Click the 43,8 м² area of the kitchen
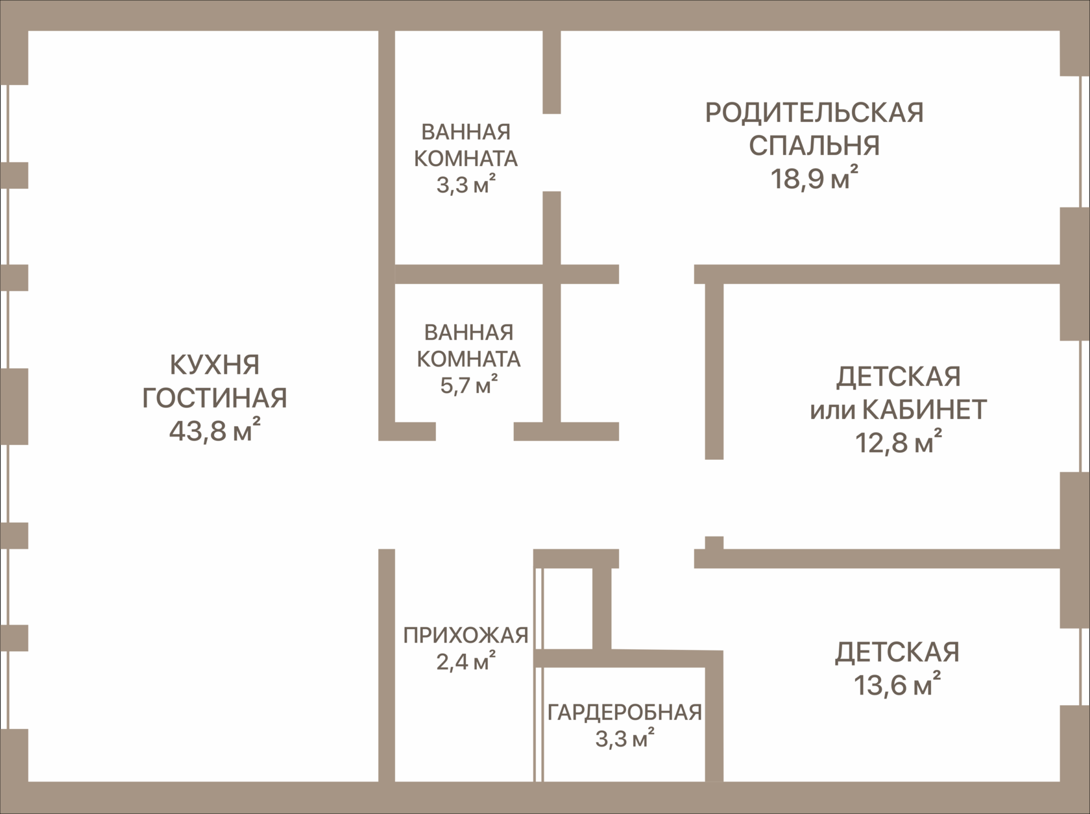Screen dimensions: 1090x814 (215, 431)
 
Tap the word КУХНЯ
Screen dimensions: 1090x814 (215, 365)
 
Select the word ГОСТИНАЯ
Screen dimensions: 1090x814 (215, 398)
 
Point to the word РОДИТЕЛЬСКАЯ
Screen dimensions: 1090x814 (814, 113)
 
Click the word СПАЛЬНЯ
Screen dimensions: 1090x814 (814, 146)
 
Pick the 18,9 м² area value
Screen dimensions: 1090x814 (814, 178)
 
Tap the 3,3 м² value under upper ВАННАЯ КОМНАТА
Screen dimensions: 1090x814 (466, 186)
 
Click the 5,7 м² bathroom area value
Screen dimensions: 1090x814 (468, 386)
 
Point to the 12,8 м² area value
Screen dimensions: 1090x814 (898, 443)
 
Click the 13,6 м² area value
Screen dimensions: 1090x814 (897, 685)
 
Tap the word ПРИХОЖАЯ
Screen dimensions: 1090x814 (466, 636)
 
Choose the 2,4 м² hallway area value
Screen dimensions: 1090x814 (466, 663)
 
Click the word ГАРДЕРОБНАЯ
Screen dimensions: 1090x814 (625, 712)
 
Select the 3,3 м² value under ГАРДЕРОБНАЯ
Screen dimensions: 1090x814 (625, 739)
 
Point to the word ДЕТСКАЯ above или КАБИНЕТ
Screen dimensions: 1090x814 (898, 377)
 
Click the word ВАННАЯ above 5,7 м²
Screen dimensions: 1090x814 (468, 333)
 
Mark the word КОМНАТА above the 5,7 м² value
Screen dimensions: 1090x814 (468, 359)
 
